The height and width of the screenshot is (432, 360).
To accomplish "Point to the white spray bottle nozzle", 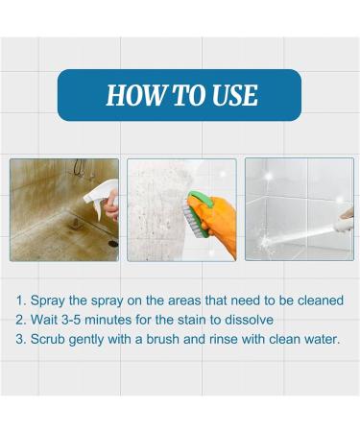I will click(98, 195).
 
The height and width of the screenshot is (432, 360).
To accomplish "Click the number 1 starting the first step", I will click(20, 300).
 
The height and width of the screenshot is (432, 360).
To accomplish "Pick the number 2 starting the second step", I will click(20, 320).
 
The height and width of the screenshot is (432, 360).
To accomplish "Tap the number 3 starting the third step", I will click(20, 339).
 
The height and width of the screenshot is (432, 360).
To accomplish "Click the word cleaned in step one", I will click(316, 300).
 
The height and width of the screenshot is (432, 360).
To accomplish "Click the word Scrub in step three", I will click(50, 339).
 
